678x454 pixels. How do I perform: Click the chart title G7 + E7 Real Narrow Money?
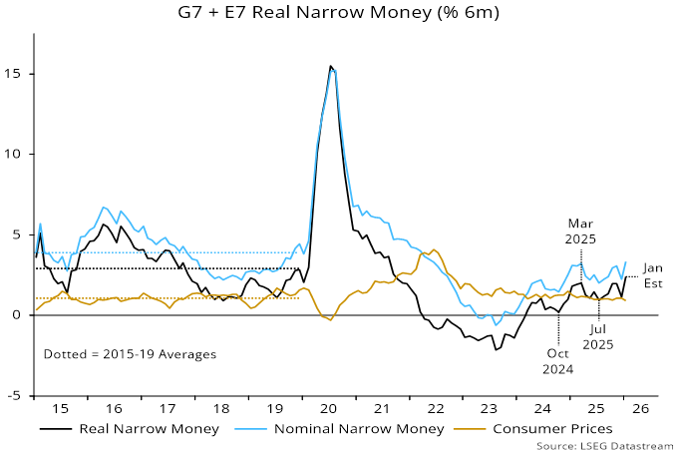(340, 14)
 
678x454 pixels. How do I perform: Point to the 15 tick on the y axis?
(15, 74)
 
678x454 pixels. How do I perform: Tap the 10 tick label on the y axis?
(15, 155)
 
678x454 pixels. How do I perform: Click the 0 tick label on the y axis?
(19, 315)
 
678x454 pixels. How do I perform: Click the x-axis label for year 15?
(62, 409)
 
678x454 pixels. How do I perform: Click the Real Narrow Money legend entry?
(131, 429)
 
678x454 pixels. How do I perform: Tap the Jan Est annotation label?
(653, 275)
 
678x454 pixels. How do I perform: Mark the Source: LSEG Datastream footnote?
(604, 445)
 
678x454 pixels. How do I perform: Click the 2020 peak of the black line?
(331, 67)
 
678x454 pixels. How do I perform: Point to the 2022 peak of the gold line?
(434, 249)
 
